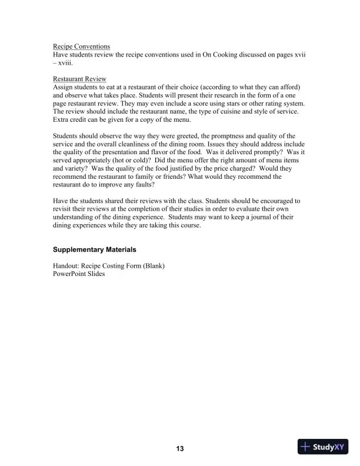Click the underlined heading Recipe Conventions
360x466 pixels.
coord(81,46)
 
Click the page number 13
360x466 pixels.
coord(180,449)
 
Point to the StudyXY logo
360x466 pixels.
coord(323,447)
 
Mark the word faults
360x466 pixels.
coord(141,184)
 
